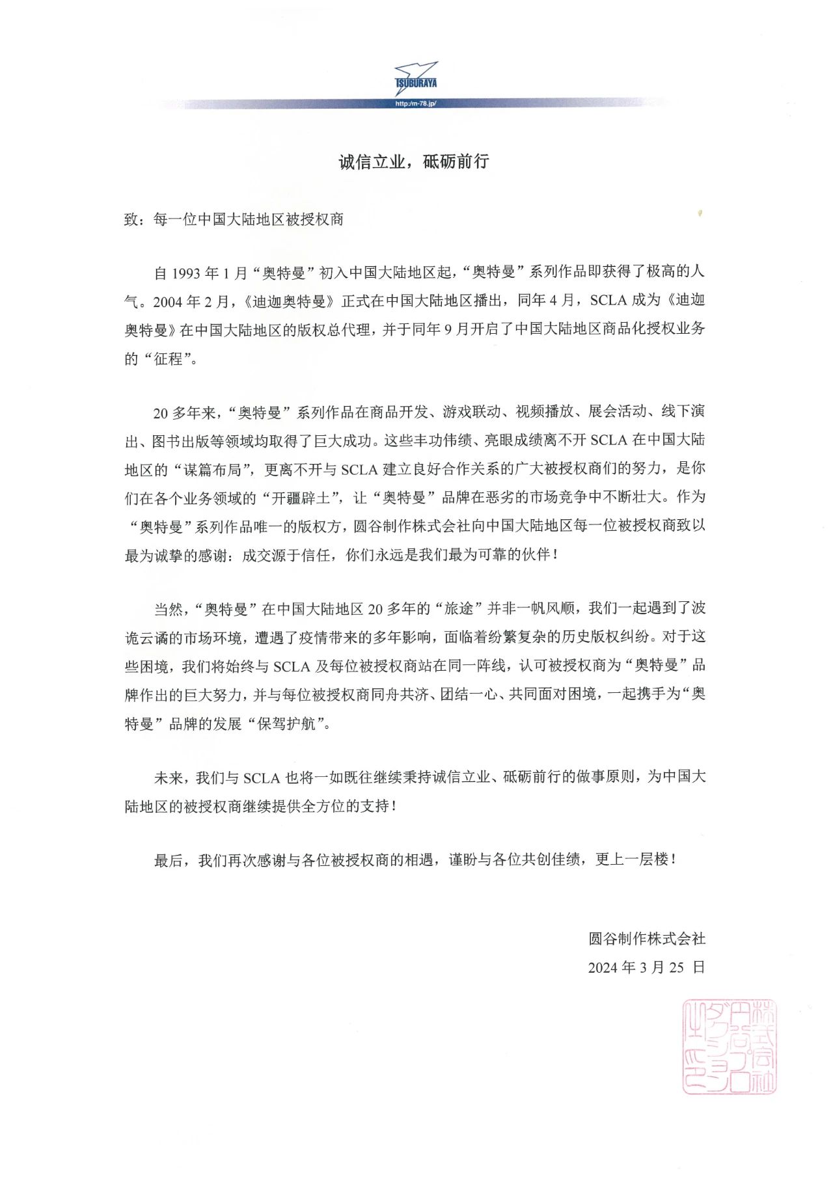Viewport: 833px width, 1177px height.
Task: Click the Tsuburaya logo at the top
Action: (416, 78)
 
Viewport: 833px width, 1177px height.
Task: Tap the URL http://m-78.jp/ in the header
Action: (416, 104)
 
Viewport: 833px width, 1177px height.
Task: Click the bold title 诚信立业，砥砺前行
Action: (413, 162)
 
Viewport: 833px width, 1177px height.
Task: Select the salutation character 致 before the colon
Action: (131, 219)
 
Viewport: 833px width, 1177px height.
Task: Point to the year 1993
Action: (186, 273)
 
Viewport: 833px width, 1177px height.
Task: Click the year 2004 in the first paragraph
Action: (168, 302)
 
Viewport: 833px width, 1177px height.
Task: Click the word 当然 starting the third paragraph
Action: (168, 609)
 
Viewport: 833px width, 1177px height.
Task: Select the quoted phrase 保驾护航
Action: (287, 724)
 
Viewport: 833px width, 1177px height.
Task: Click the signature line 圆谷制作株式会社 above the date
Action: (647, 938)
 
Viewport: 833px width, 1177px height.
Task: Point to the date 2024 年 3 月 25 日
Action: (646, 967)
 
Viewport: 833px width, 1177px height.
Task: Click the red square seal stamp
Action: (729, 1047)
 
